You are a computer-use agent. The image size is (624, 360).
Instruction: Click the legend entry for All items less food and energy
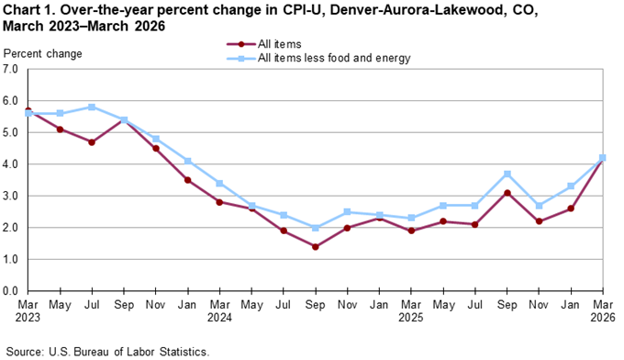(333, 58)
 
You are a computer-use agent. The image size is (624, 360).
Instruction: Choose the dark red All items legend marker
(240, 44)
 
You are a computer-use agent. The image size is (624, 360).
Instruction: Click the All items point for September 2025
(507, 193)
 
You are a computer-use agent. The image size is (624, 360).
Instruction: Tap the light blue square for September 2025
(507, 174)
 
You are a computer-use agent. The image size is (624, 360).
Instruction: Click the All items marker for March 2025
(411, 231)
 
